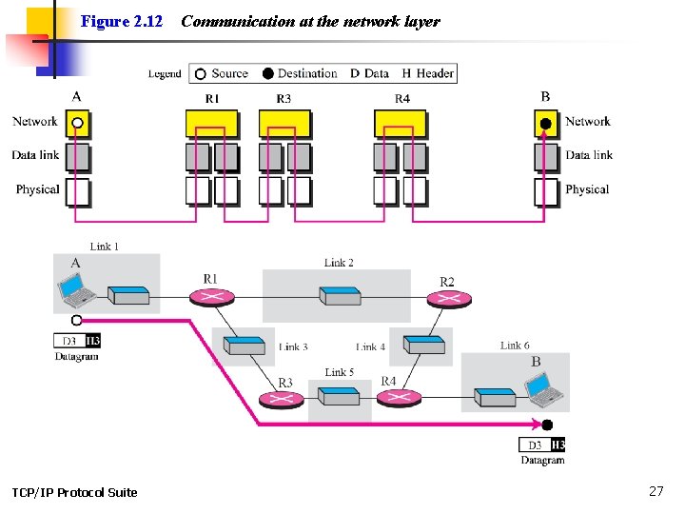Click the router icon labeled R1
212,296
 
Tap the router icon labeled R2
446,299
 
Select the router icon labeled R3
282,398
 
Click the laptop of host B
540,385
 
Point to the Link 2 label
339,263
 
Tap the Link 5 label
339,372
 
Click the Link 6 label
515,346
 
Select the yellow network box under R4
400,124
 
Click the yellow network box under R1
211,124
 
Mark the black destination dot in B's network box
545,123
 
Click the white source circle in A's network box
78,123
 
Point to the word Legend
165,74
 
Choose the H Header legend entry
428,73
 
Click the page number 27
656,491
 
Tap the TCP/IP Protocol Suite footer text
74,492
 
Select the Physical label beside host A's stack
37,189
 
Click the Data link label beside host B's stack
589,155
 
